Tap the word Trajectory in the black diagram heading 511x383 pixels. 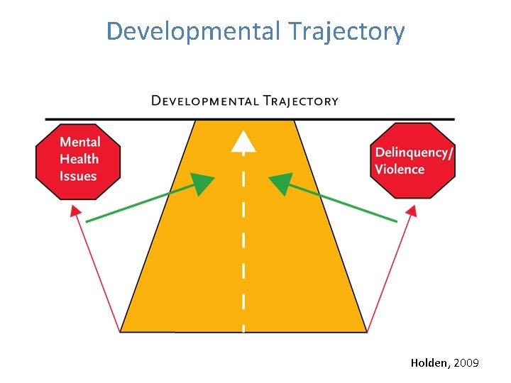[301, 101]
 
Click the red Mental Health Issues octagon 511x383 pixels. [78, 160]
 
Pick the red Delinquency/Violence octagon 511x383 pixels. [412, 161]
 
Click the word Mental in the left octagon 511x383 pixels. [80, 142]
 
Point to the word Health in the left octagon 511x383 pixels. [79, 159]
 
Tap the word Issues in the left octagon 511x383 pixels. [77, 176]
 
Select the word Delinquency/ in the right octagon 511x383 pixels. [412, 152]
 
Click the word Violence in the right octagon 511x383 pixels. [400, 170]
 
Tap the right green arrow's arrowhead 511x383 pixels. [280, 184]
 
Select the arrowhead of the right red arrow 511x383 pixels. [412, 211]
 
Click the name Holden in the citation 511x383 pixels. [429, 363]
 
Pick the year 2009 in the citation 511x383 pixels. [466, 363]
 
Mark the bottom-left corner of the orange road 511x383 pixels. [122, 331]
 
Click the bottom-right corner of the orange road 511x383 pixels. [366, 331]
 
